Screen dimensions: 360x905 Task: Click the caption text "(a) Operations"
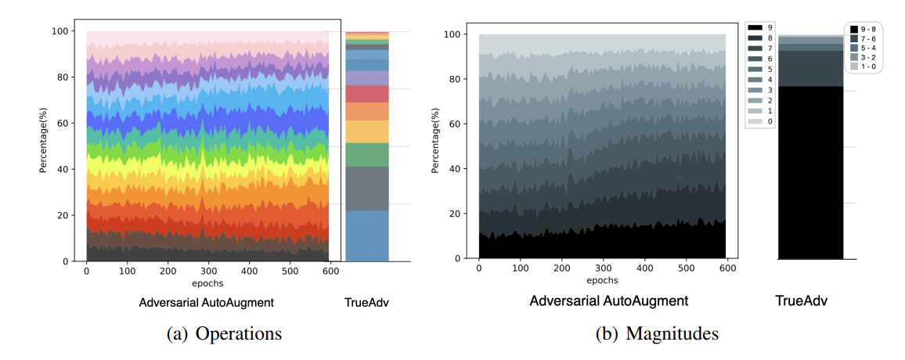point(225,333)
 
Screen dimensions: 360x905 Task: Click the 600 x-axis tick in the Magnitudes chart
point(727,268)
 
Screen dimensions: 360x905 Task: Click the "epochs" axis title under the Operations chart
point(207,283)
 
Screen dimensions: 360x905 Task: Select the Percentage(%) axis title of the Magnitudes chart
point(436,146)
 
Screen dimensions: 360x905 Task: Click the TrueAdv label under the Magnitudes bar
point(801,301)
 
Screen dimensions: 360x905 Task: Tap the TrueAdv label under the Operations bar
point(366,301)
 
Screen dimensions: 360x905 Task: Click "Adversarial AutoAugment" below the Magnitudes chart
point(608,301)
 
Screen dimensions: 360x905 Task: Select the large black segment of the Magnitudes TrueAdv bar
point(810,172)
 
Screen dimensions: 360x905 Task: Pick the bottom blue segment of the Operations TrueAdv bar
point(367,236)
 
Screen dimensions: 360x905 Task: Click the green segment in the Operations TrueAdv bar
point(367,154)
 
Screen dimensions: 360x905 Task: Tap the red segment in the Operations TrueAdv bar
point(367,94)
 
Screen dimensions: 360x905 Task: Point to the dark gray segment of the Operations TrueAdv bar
point(367,188)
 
